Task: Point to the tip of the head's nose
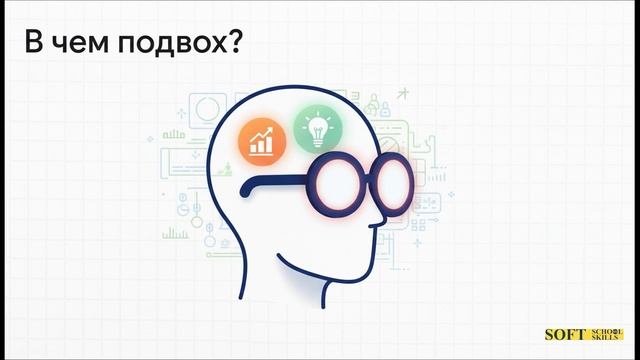pyautogui.click(x=402, y=214)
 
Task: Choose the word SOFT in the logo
pyautogui.click(x=564, y=335)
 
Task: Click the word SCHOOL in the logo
pyautogui.click(x=604, y=329)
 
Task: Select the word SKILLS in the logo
pyautogui.click(x=604, y=340)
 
